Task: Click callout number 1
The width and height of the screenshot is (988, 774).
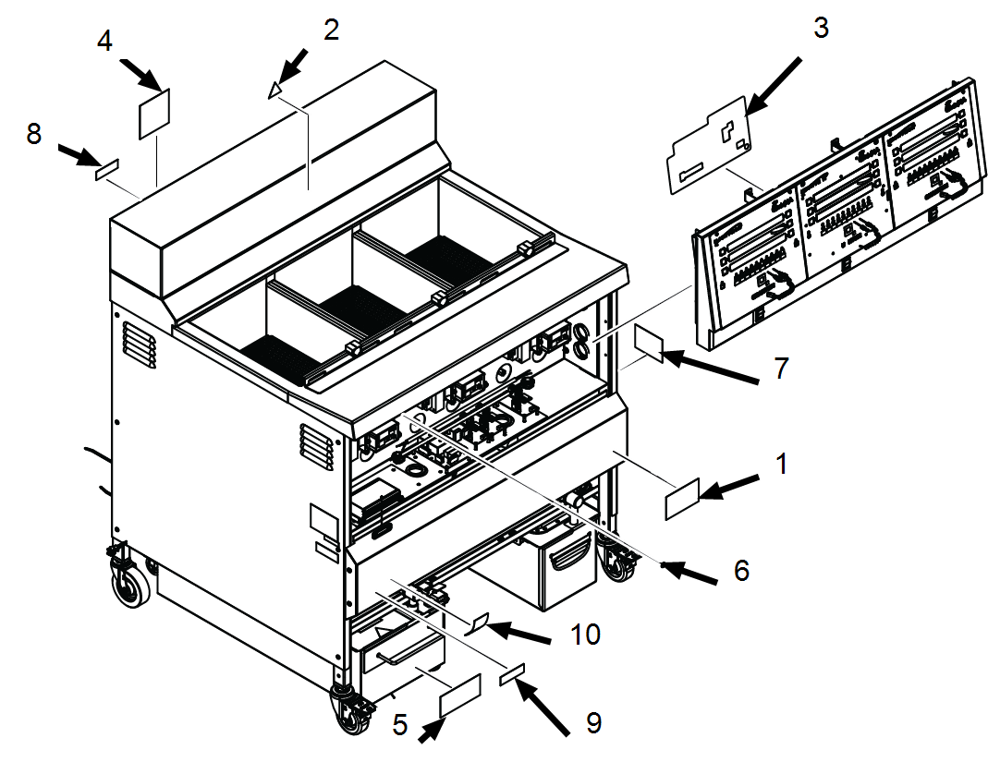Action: coord(782,464)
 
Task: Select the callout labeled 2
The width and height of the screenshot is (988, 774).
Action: coord(331,30)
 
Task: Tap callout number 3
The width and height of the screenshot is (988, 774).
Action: coord(821,29)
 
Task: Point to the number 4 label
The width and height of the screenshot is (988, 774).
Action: coord(105,42)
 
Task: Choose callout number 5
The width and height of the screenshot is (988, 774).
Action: coord(399,725)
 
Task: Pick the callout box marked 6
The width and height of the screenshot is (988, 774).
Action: coord(741,571)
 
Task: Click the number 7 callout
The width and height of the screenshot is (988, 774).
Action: coord(781,369)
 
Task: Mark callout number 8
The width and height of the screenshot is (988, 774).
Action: coord(34,135)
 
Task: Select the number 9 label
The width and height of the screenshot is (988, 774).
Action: coord(593,723)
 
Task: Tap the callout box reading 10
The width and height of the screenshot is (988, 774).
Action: coord(585,635)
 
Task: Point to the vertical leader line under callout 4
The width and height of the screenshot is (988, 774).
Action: coord(158,162)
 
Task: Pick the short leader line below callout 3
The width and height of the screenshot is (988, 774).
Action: coord(745,179)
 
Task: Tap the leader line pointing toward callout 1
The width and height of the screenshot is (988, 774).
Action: coord(645,467)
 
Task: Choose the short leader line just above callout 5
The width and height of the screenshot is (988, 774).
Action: coord(432,677)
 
